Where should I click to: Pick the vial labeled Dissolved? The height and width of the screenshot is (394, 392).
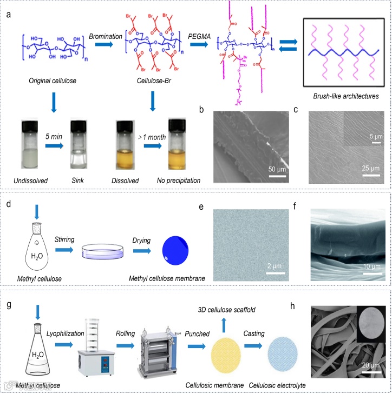pyautogui.click(x=125, y=145)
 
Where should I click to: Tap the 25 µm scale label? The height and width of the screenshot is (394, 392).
pyautogui.click(x=371, y=171)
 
